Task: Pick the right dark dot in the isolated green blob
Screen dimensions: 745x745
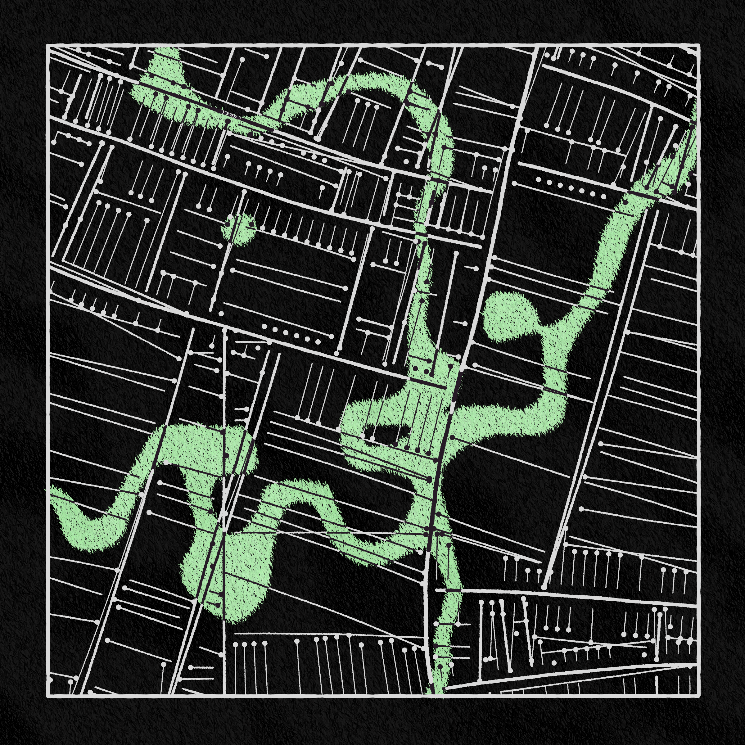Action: (x=251, y=223)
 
